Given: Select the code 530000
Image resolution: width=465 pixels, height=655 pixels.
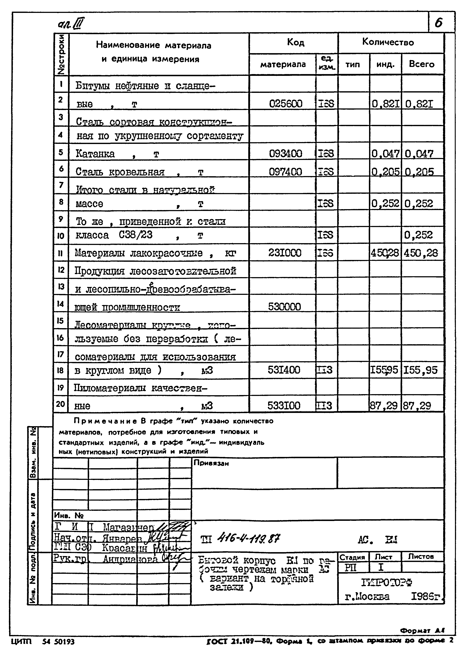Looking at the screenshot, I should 284,307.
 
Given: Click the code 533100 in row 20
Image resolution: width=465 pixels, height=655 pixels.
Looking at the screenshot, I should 284,405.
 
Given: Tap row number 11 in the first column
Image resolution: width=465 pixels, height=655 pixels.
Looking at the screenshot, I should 60,253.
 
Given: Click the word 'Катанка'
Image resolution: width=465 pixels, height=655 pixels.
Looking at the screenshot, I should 95,154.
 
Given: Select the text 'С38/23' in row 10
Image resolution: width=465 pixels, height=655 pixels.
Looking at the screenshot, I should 135,235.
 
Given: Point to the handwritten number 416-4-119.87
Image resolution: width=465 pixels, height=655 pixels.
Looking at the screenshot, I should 249,539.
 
